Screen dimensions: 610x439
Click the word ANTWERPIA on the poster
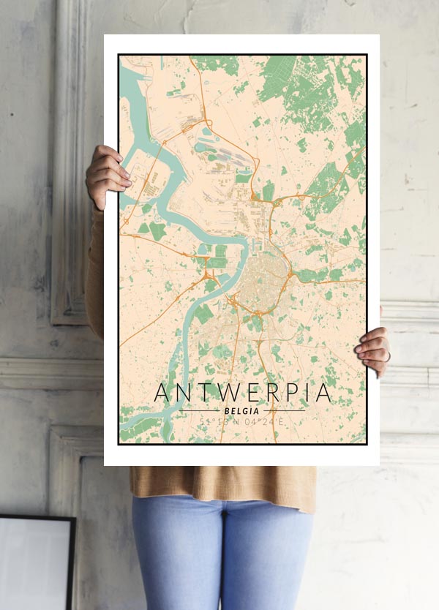(243, 393)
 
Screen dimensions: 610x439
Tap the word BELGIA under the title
(243, 411)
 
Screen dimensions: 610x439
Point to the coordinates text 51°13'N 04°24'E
(243, 422)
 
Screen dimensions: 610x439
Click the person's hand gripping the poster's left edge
(107, 176)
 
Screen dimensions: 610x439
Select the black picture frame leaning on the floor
(37, 563)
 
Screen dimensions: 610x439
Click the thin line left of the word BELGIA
(198, 411)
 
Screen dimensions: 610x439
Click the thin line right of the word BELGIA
(287, 411)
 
